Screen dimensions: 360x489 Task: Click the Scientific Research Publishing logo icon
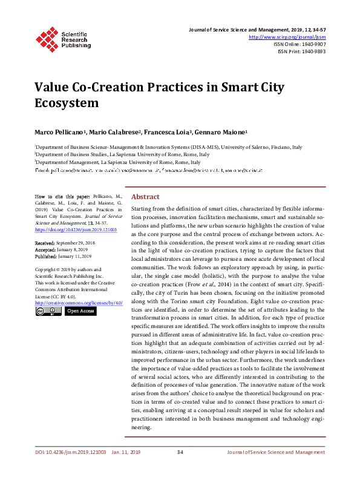[x=47, y=38]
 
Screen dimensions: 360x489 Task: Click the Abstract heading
[x=145, y=197]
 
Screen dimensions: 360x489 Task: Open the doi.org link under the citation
[x=76, y=230]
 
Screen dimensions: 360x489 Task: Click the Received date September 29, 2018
[x=81, y=242]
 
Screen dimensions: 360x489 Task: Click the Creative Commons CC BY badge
[x=48, y=311]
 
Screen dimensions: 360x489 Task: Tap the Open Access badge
[x=80, y=311]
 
